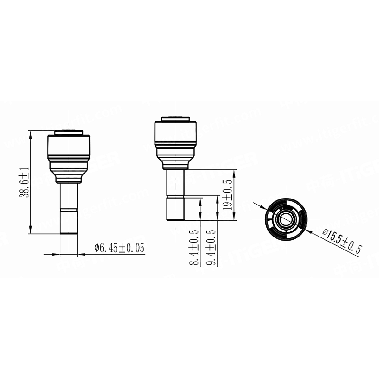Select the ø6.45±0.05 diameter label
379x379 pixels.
click(x=119, y=247)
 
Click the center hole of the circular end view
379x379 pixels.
click(x=286, y=219)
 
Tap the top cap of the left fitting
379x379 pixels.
click(x=69, y=133)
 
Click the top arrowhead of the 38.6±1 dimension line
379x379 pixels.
click(x=31, y=134)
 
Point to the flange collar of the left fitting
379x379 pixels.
click(x=69, y=180)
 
